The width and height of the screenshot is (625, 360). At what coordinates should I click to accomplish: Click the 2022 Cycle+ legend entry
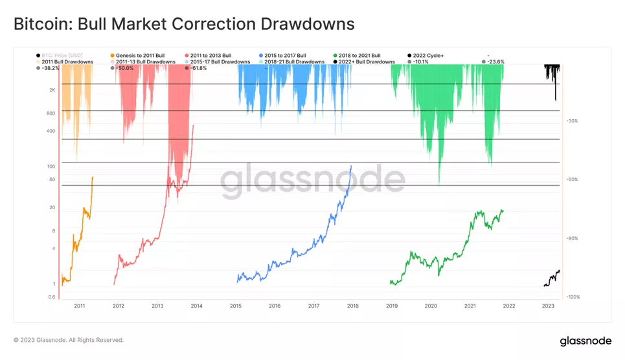point(428,56)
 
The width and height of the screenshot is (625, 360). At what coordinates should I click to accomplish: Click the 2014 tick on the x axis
point(196,306)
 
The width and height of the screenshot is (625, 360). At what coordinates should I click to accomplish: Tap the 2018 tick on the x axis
point(353,306)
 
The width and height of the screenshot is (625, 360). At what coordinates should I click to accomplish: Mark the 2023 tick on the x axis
point(548,306)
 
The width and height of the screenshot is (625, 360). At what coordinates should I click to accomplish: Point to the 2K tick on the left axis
point(52,90)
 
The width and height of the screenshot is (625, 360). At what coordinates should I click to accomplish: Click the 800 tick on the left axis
point(51,113)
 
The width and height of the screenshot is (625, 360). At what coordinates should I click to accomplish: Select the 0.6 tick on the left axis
point(51,297)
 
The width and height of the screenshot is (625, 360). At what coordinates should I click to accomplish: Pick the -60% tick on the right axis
point(572,179)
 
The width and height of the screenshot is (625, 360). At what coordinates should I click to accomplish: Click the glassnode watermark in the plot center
point(313,181)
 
